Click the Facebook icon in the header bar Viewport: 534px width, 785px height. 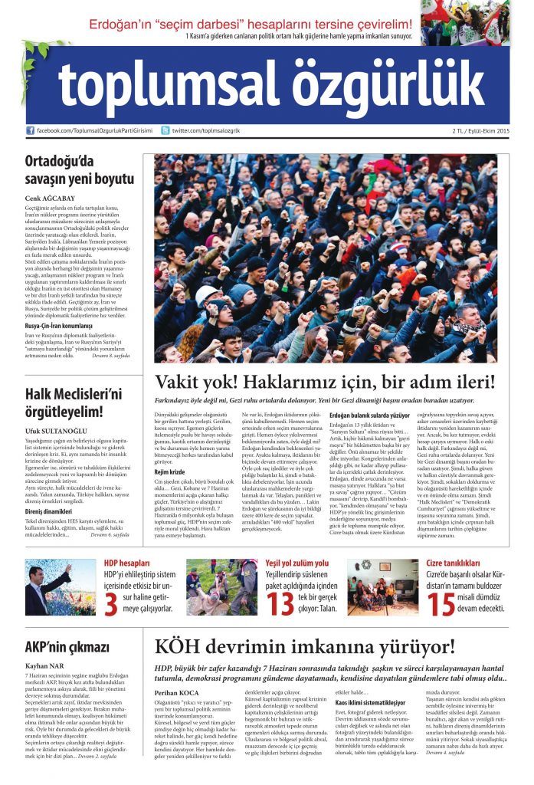(x=31, y=131)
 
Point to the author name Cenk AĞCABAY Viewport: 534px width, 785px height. (x=51, y=197)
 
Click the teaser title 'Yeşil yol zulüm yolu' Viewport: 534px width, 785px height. (x=297, y=563)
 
